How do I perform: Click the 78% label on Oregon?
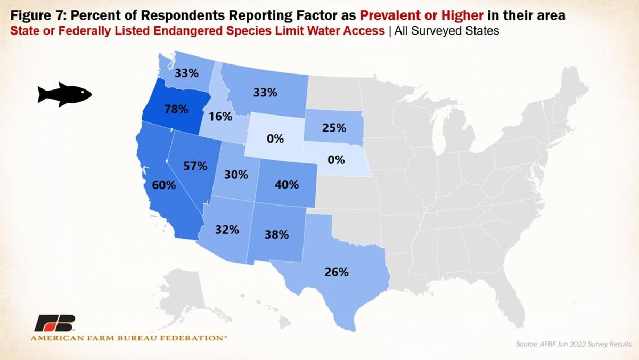pos(176,109)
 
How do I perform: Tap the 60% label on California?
pos(163,185)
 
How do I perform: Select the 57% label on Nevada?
pos(195,166)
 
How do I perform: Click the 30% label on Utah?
pos(236,174)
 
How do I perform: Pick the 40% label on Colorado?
pos(287,185)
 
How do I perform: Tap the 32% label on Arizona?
pos(227,230)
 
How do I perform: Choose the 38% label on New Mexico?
pos(276,234)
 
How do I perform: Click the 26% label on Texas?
pos(337,272)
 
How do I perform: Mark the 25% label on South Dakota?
pos(334,128)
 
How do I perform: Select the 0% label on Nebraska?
pos(336,159)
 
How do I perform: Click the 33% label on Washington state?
pos(186,73)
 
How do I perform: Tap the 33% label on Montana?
pos(265,92)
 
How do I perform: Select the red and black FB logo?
pos(55,323)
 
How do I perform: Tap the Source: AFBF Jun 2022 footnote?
pos(573,344)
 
